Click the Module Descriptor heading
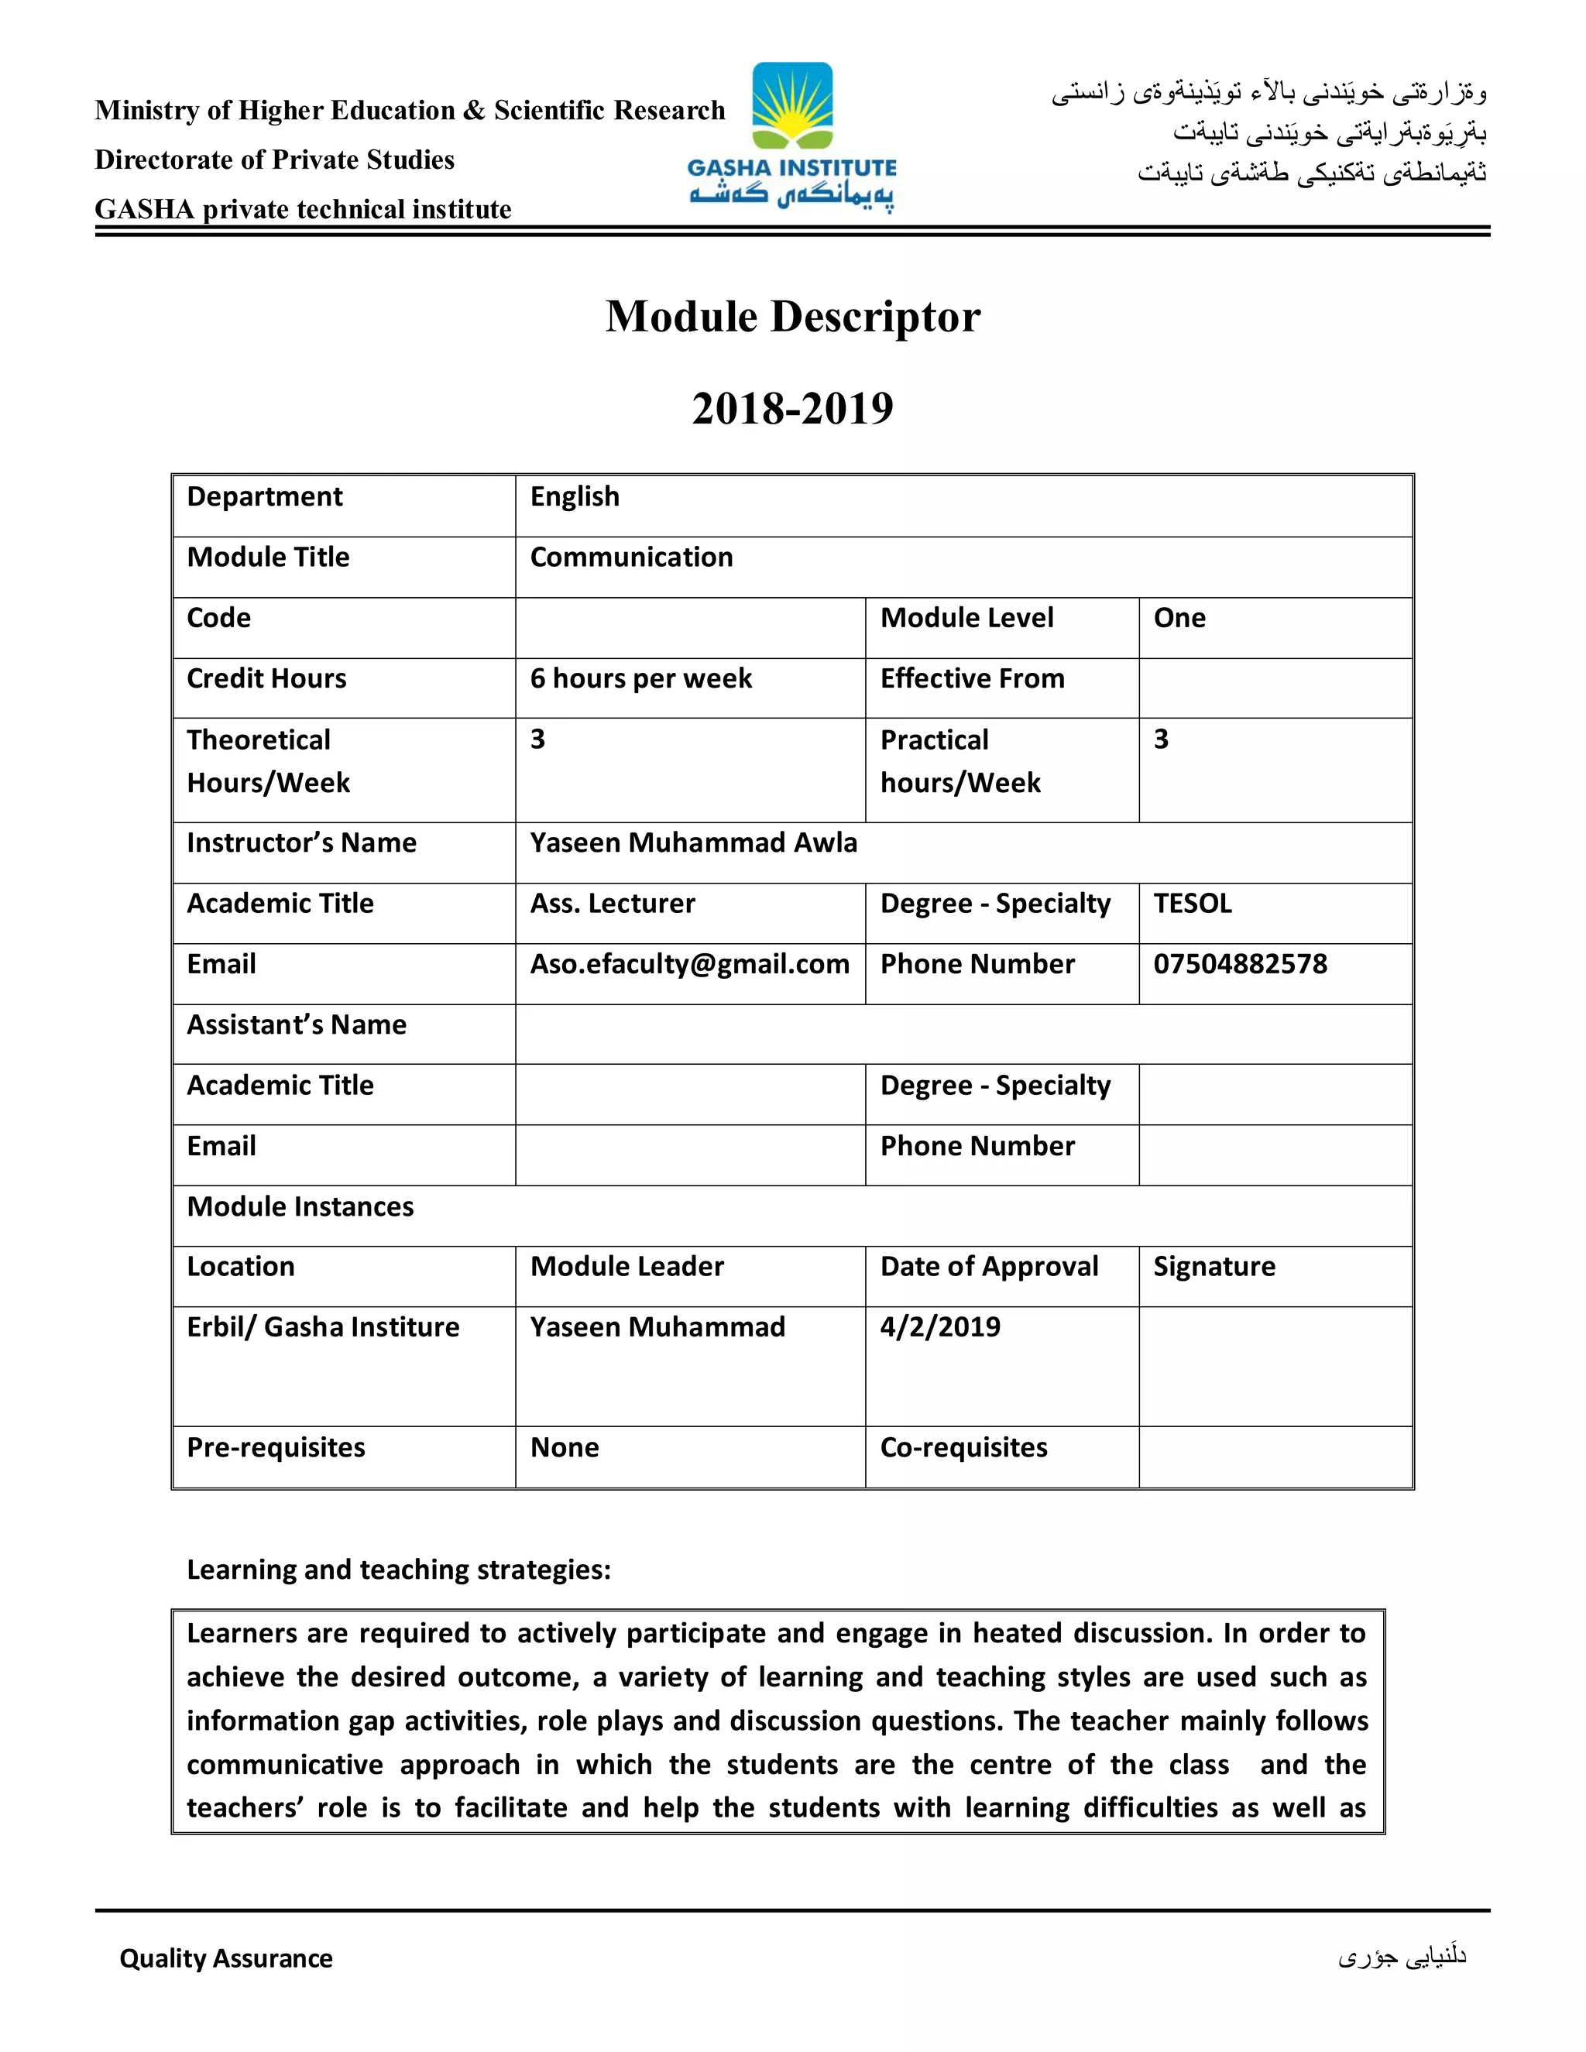[792, 317]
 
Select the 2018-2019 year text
[792, 408]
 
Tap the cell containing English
[575, 496]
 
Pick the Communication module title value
[631, 558]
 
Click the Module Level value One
[1179, 618]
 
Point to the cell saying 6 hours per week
[640, 678]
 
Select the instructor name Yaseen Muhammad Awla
[693, 842]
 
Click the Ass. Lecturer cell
[613, 904]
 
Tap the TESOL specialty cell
[1193, 904]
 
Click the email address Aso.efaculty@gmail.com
[690, 964]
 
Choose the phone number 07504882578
[1241, 964]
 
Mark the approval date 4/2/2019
[939, 1327]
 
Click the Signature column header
[1214, 1268]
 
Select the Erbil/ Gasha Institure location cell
[323, 1327]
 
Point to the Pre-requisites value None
[565, 1448]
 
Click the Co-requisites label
[963, 1448]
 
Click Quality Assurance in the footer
[225, 1959]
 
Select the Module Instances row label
[300, 1207]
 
